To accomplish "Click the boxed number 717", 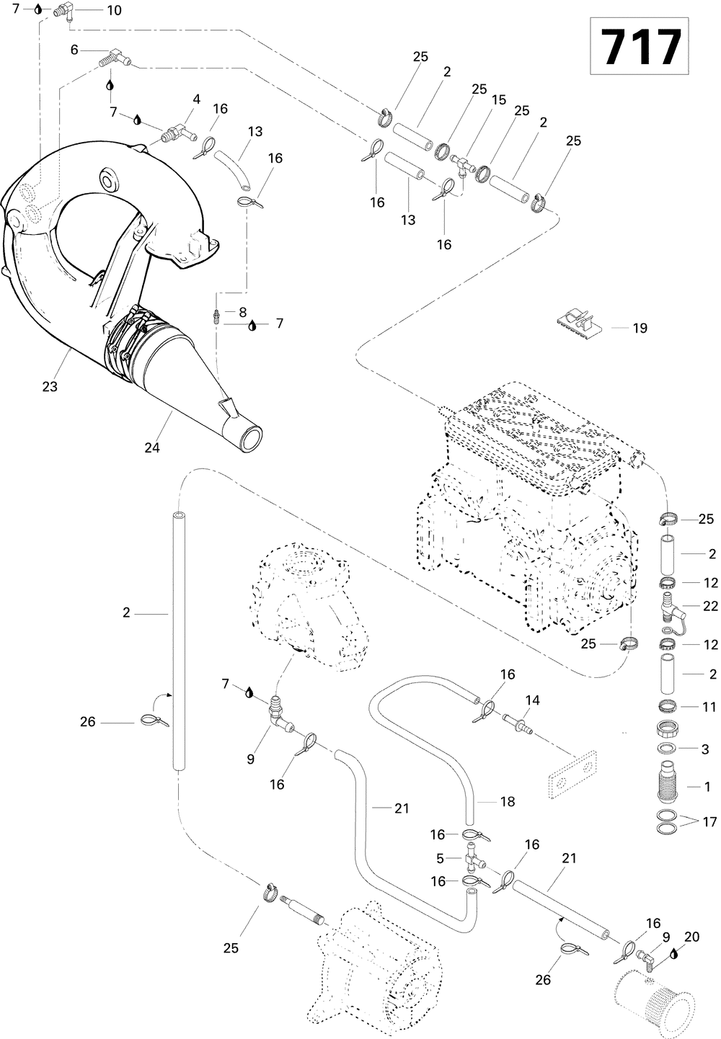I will (640, 47).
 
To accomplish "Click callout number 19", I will (640, 328).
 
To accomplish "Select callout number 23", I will (49, 387).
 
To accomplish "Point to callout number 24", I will (151, 447).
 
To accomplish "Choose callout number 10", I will (114, 10).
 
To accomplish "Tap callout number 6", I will (74, 50).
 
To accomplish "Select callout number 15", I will (499, 100).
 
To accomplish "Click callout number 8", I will (242, 312).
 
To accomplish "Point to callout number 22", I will (710, 607).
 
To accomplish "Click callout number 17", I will (709, 822).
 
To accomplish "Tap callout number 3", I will (705, 749).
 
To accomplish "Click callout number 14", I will (532, 700).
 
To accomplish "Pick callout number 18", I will (507, 801).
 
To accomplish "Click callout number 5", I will (439, 858).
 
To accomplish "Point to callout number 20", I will (691, 937).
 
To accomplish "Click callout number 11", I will (709, 708).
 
